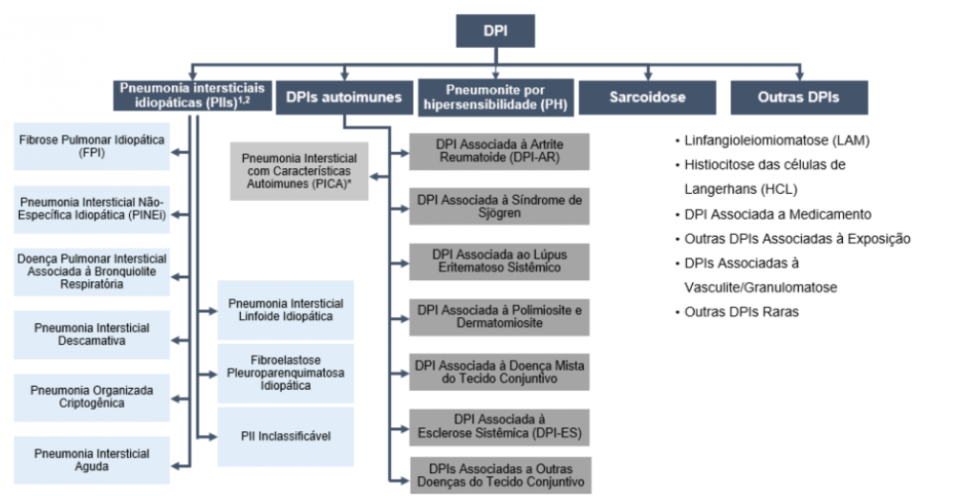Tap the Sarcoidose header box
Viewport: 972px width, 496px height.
[647, 97]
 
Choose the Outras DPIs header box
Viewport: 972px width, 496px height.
[798, 97]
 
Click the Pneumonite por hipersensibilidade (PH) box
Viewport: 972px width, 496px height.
[495, 97]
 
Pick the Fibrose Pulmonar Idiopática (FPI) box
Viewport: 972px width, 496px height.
[92, 146]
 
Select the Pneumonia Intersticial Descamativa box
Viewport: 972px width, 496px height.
[92, 334]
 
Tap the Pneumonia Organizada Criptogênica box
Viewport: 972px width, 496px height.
[92, 398]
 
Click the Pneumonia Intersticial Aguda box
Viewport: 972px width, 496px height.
[92, 460]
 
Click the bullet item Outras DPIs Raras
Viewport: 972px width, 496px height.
[734, 312]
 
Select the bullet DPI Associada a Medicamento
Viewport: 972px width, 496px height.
[777, 214]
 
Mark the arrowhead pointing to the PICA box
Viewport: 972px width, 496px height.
[375, 176]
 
